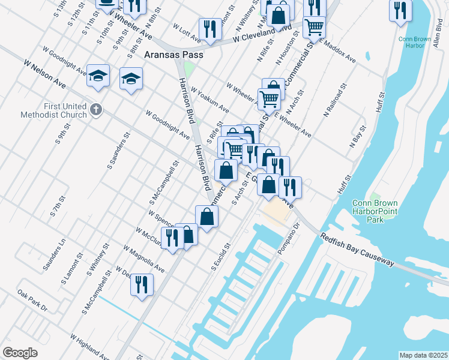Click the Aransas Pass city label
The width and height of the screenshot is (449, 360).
(x=174, y=55)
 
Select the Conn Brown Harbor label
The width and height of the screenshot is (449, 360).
(x=415, y=41)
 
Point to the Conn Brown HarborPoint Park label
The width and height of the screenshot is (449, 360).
(x=375, y=211)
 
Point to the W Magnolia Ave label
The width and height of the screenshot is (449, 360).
(x=143, y=258)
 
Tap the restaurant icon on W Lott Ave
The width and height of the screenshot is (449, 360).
(x=209, y=29)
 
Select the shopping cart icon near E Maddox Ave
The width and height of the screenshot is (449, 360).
(x=314, y=27)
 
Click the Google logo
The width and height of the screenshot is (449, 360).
(x=20, y=353)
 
